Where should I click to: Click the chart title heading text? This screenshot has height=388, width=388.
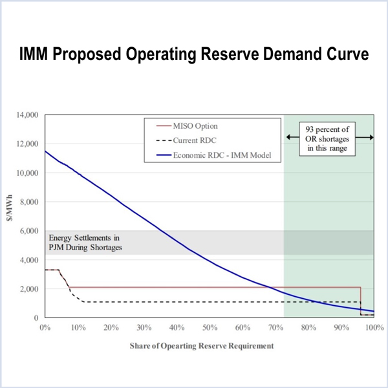tap(194, 56)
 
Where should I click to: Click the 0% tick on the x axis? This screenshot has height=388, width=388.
tap(45, 328)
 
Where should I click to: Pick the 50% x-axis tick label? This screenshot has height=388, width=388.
tap(210, 328)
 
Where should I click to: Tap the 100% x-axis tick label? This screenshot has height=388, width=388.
tap(373, 328)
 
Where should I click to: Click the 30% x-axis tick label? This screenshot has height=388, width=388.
tap(144, 328)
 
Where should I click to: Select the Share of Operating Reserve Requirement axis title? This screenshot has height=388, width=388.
tap(208, 345)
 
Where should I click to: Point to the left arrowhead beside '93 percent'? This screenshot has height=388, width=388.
tap(288, 137)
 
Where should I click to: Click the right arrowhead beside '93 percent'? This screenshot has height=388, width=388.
tap(371, 137)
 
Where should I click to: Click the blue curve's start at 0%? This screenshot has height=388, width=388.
tap(45, 152)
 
